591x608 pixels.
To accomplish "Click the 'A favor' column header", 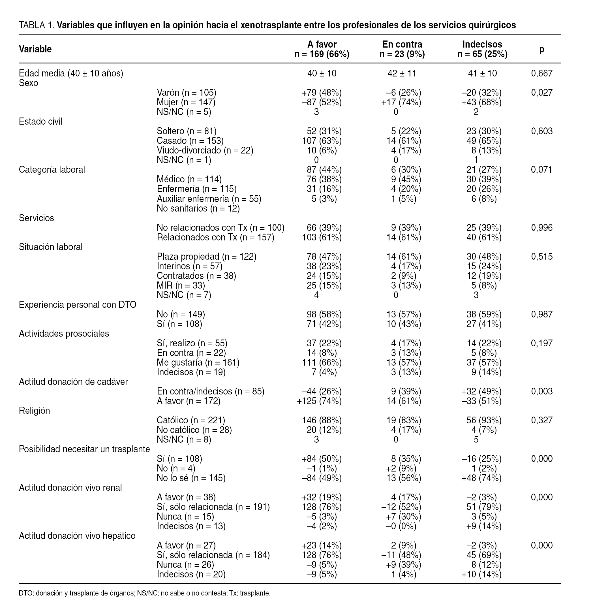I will pyautogui.click(x=322, y=45).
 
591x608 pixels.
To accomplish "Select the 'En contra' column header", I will pyautogui.click(x=402, y=45).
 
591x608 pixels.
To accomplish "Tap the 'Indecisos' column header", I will pyautogui.click(x=482, y=45).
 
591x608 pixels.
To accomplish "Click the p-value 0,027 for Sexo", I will pyautogui.click(x=542, y=93).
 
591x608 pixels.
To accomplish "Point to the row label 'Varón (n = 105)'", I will pyautogui.click(x=186, y=93).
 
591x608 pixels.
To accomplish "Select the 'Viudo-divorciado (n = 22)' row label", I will pyautogui.click(x=205, y=150).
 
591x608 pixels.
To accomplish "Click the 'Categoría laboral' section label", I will pyautogui.click(x=52, y=170).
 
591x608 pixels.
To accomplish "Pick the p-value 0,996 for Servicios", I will pyautogui.click(x=542, y=228).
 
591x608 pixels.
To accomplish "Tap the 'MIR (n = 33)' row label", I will pyautogui.click(x=181, y=285).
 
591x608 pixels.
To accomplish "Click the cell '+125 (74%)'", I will pyautogui.click(x=319, y=401).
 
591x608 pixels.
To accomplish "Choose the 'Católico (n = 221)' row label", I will pyautogui.click(x=190, y=420).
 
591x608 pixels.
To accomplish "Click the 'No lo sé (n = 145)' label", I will pyautogui.click(x=191, y=478).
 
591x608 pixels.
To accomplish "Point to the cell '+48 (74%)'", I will pyautogui.click(x=481, y=478).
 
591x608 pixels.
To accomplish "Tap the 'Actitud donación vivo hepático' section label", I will pyautogui.click(x=77, y=536).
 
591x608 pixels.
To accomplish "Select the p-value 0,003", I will pyautogui.click(x=542, y=391).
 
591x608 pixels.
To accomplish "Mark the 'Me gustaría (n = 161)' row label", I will pyautogui.click(x=198, y=362).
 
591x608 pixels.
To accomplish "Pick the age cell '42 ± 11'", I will pyautogui.click(x=402, y=73).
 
